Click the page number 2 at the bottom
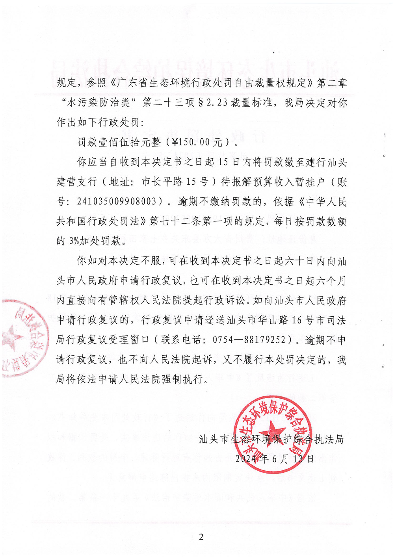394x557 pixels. (x=201, y=537)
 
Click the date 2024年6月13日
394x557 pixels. (x=275, y=459)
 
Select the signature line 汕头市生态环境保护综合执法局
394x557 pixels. (x=271, y=439)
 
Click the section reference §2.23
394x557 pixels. (x=212, y=103)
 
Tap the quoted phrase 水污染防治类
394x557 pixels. (x=98, y=103)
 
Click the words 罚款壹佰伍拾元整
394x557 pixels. (x=119, y=142)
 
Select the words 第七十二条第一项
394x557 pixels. (x=181, y=221)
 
